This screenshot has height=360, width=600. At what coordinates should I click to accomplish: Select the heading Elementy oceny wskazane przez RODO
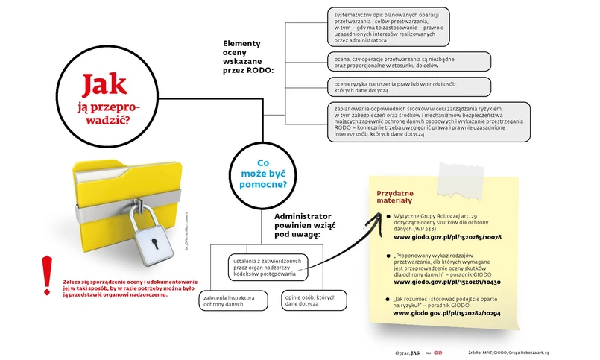tap(248, 57)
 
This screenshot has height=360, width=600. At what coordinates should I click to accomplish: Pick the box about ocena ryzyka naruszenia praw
tap(408, 86)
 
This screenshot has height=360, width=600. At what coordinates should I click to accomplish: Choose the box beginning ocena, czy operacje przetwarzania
tap(408, 61)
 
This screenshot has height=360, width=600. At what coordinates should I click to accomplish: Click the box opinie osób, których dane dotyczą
tap(305, 300)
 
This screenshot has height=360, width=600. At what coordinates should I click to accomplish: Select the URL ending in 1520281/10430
tap(447, 282)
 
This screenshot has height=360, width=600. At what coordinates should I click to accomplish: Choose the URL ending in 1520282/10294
tap(447, 314)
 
